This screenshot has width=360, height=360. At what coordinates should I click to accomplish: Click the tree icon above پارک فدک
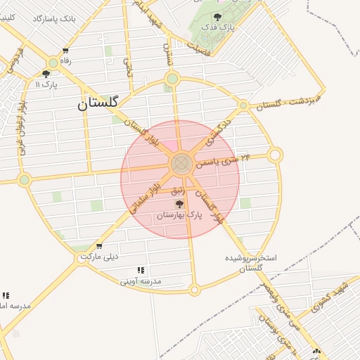click(217, 15)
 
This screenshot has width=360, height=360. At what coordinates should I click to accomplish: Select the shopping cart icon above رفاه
click(65, 51)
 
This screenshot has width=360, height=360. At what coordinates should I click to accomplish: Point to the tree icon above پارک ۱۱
click(46, 73)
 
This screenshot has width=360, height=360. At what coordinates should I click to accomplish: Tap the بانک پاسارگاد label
click(54, 16)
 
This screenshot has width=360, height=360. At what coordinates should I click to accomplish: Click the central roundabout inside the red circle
click(181, 164)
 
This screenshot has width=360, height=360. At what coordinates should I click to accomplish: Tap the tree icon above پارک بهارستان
click(179, 205)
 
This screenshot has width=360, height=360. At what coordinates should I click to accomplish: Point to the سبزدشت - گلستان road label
click(287, 101)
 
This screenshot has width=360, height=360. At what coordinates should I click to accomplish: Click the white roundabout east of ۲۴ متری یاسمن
click(276, 154)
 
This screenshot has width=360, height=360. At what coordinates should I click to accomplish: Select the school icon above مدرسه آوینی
click(141, 270)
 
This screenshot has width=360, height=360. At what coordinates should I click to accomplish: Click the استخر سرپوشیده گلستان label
click(251, 263)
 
